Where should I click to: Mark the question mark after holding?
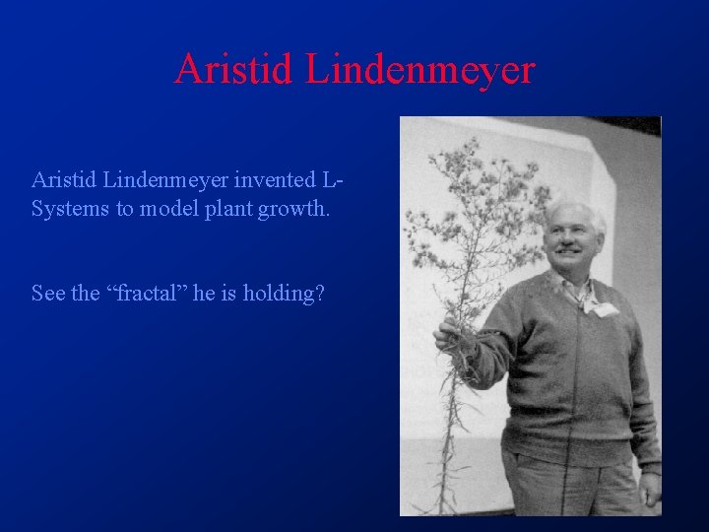click(318, 294)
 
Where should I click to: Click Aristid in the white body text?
click(63, 180)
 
